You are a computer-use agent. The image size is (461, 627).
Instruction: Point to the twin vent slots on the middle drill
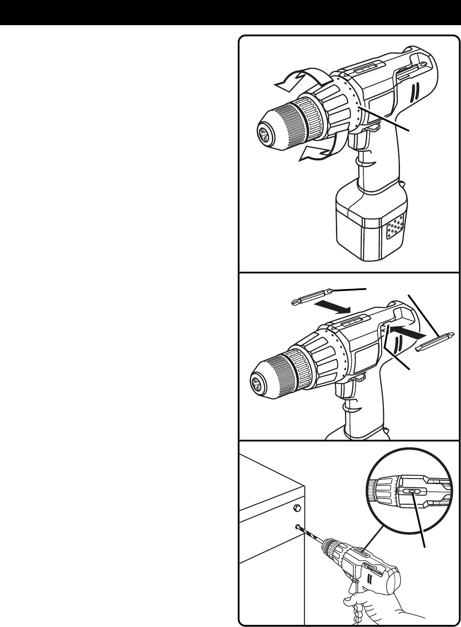[400, 345]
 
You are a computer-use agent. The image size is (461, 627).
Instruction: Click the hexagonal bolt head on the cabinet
[297, 508]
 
